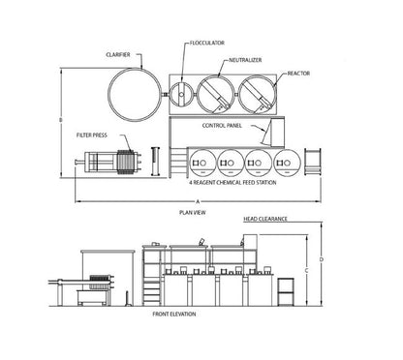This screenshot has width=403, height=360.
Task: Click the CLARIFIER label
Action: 118,55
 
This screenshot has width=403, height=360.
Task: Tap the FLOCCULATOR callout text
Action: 207,43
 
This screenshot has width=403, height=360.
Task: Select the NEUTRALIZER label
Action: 245,60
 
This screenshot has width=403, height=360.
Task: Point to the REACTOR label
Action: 298,74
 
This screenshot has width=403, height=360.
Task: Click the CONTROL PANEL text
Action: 222,126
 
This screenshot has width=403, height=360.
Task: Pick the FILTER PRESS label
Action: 92,135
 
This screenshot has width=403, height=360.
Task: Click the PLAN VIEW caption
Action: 193,213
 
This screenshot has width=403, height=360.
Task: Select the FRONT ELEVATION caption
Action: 174,315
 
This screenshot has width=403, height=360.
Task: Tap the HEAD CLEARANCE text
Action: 265,219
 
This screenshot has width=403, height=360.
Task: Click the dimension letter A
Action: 198,201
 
